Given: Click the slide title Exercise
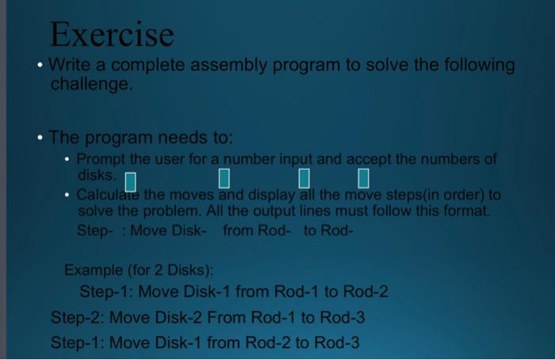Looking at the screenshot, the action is [x=112, y=34].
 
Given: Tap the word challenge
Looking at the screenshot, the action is [x=91, y=84].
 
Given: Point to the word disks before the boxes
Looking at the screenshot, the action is [x=97, y=175].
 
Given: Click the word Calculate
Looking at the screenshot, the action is [x=108, y=195].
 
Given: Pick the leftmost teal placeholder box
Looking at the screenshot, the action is [x=131, y=182].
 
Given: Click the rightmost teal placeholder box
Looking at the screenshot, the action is [x=363, y=178].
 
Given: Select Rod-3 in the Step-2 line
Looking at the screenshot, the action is [x=343, y=317].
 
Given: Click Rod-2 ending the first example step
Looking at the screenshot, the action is [x=366, y=292].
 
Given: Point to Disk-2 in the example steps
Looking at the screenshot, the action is [x=178, y=317].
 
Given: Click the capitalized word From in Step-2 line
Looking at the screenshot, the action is [x=226, y=317].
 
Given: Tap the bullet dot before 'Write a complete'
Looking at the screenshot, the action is [x=40, y=65].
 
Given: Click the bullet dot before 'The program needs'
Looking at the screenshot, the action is [x=40, y=137].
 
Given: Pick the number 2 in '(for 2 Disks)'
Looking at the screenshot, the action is [x=159, y=270].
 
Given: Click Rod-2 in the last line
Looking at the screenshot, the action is [x=268, y=343].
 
